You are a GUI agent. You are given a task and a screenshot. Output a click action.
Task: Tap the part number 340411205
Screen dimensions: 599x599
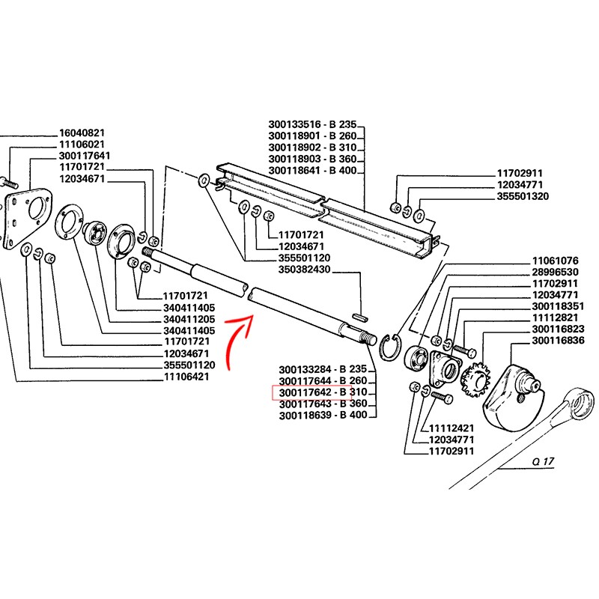(189, 319)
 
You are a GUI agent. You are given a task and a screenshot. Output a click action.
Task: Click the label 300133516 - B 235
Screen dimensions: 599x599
(314, 124)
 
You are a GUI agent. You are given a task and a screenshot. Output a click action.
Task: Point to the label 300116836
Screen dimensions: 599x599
(558, 341)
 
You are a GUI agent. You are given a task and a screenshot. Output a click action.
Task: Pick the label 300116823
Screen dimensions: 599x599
(558, 329)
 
